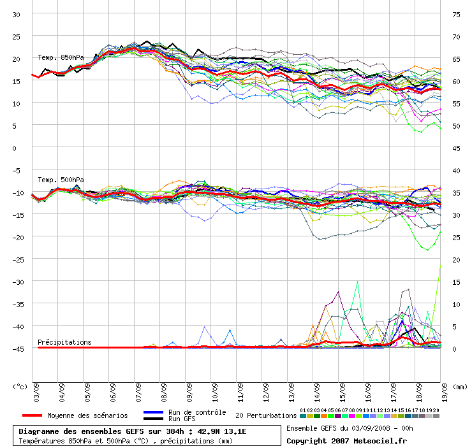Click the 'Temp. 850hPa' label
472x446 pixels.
(x=61, y=57)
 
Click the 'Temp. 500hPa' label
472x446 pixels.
(x=61, y=180)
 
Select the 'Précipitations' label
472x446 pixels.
(x=64, y=342)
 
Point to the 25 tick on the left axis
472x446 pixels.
(x=17, y=36)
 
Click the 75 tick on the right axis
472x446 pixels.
(x=455, y=14)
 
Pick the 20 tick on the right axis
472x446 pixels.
(x=455, y=259)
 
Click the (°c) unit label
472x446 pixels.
(x=20, y=386)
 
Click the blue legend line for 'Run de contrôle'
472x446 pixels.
(x=154, y=412)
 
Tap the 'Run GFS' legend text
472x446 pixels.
(x=182, y=419)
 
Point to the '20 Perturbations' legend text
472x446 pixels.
(x=266, y=415)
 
